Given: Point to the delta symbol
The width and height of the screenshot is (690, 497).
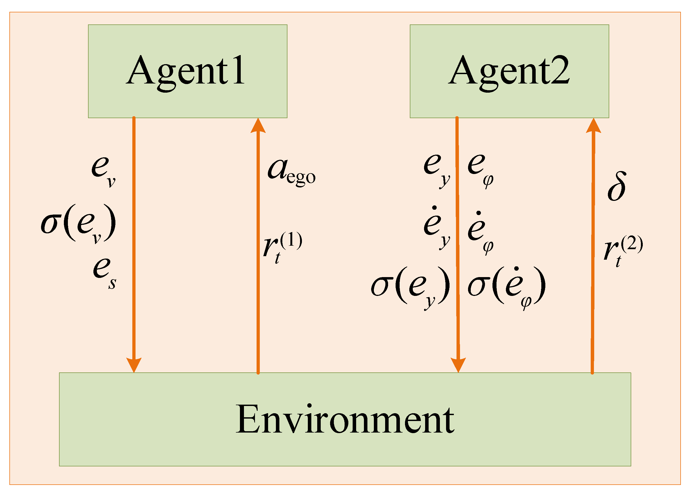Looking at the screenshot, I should [x=616, y=186].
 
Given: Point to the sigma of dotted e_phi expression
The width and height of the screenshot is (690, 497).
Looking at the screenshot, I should [x=506, y=286].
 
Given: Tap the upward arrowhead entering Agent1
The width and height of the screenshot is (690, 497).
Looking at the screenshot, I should [x=258, y=125].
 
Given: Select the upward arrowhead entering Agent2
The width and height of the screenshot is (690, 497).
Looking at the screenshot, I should [x=593, y=125].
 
